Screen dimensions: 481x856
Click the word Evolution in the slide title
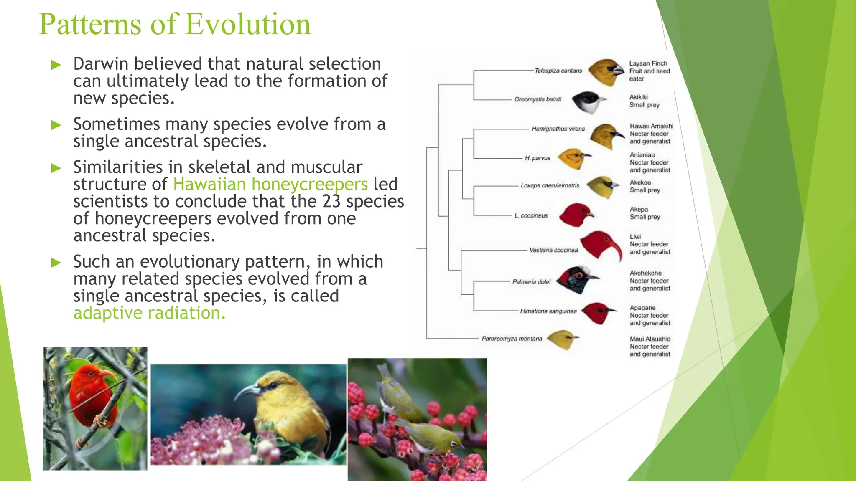click(248, 24)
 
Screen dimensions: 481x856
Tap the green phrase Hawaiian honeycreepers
click(270, 184)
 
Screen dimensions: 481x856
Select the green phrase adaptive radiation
click(149, 313)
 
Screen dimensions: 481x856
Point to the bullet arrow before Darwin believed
click(56, 65)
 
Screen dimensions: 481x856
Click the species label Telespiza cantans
click(558, 71)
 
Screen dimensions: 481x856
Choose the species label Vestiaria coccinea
click(553, 250)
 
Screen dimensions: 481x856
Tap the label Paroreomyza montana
click(512, 339)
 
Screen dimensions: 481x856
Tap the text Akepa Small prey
click(645, 213)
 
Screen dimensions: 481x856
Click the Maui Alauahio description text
click(650, 347)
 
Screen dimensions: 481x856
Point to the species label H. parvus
click(538, 158)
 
